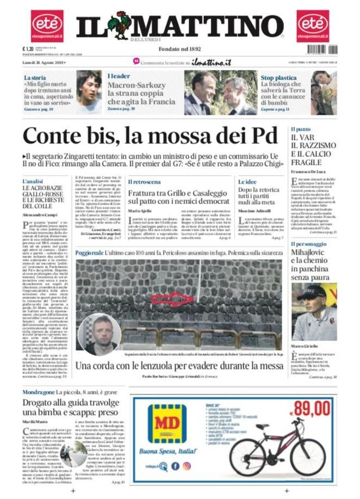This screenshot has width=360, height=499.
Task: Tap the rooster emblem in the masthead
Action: pos(118,24)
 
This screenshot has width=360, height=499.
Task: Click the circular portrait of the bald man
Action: pos(99,334)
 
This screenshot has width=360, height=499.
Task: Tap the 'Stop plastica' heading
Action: pos(278,77)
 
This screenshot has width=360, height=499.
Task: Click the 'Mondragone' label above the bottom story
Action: pos(39,392)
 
